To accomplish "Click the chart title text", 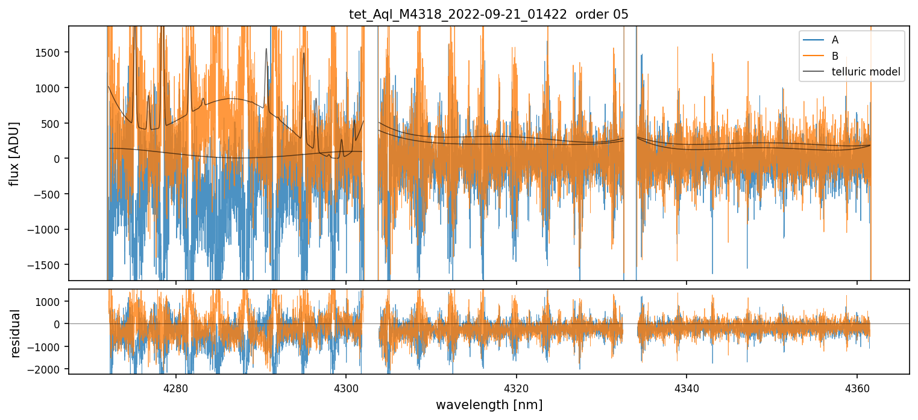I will point(489,14).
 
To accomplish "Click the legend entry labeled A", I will point(835,40).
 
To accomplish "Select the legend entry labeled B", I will point(835,56).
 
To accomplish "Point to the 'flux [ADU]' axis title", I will point(14,153).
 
